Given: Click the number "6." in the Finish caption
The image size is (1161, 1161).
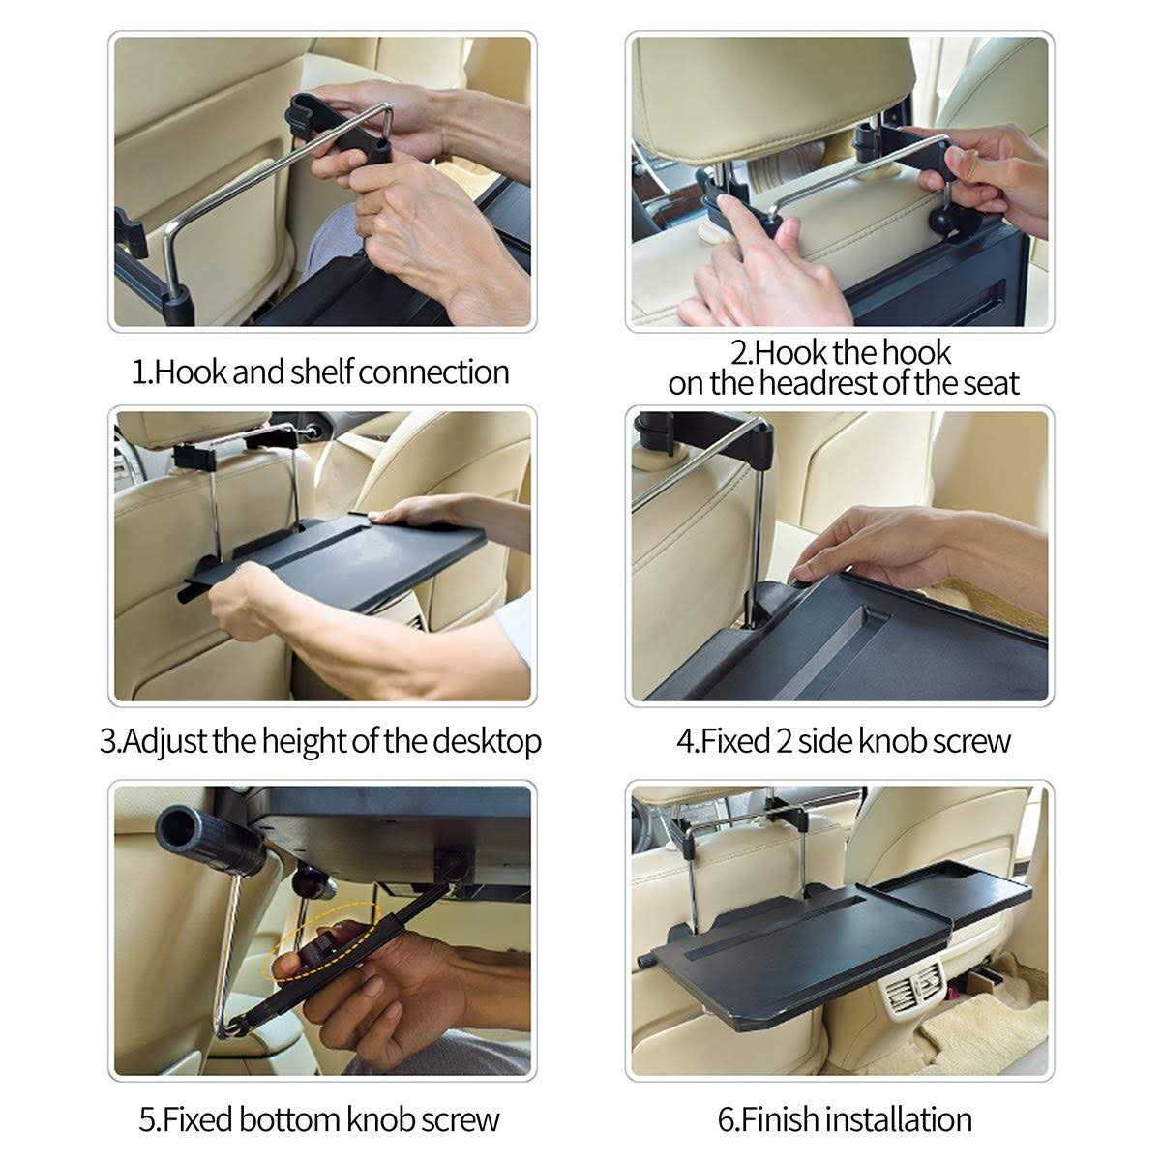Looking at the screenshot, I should pyautogui.click(x=728, y=1119).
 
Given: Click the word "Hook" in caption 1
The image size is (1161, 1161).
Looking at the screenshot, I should pyautogui.click(x=191, y=372).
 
